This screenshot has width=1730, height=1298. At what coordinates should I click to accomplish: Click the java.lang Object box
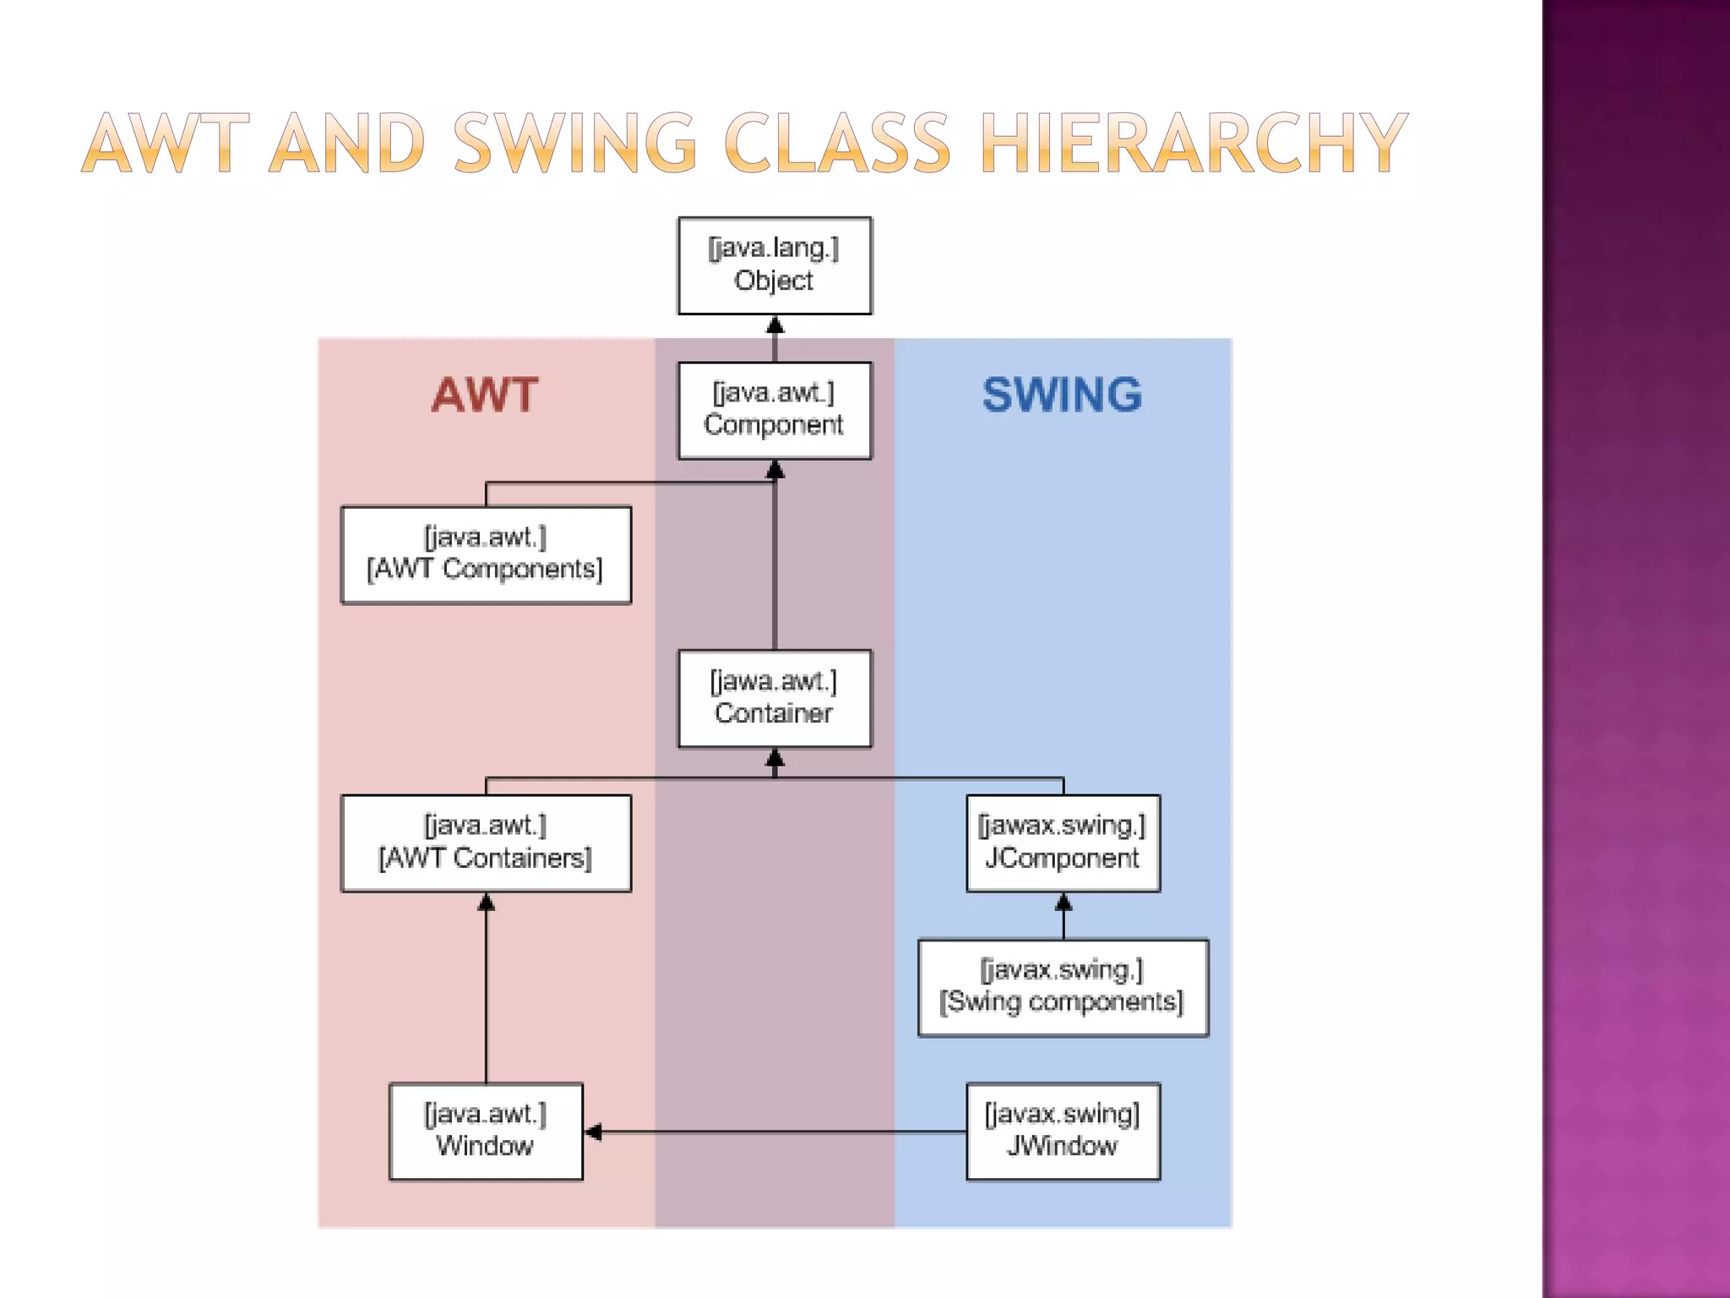pos(775,265)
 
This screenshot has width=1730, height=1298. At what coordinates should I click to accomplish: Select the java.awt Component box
pos(775,411)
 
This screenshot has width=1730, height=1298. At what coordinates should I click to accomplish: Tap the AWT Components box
pos(486,555)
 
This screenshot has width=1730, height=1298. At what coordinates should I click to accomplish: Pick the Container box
pos(775,699)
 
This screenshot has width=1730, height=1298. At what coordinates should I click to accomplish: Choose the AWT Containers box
pos(486,843)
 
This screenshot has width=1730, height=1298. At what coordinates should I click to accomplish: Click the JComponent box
pos(1063,843)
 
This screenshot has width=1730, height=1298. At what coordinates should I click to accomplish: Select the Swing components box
pos(1063,987)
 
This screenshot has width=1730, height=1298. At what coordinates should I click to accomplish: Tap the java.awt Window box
pos(486,1132)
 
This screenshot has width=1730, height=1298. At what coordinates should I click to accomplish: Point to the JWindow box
pos(1063,1132)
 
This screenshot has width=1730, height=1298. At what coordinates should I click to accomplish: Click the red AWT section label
pos(485,395)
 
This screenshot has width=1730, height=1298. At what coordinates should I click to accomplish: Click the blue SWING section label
pos(1062,395)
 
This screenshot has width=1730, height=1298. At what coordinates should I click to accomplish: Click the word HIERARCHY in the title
pos(1194,143)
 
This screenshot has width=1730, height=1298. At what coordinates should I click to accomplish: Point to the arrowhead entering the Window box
pos(593,1132)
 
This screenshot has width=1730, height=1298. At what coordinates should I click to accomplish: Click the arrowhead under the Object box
pos(775,325)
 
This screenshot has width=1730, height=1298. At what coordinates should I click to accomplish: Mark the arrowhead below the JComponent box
pos(1064,903)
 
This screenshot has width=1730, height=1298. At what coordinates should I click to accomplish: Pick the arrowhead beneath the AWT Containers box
pos(486,903)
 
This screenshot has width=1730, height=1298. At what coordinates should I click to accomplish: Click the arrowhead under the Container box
pos(775,758)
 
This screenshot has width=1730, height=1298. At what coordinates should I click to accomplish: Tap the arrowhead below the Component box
pos(775,470)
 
